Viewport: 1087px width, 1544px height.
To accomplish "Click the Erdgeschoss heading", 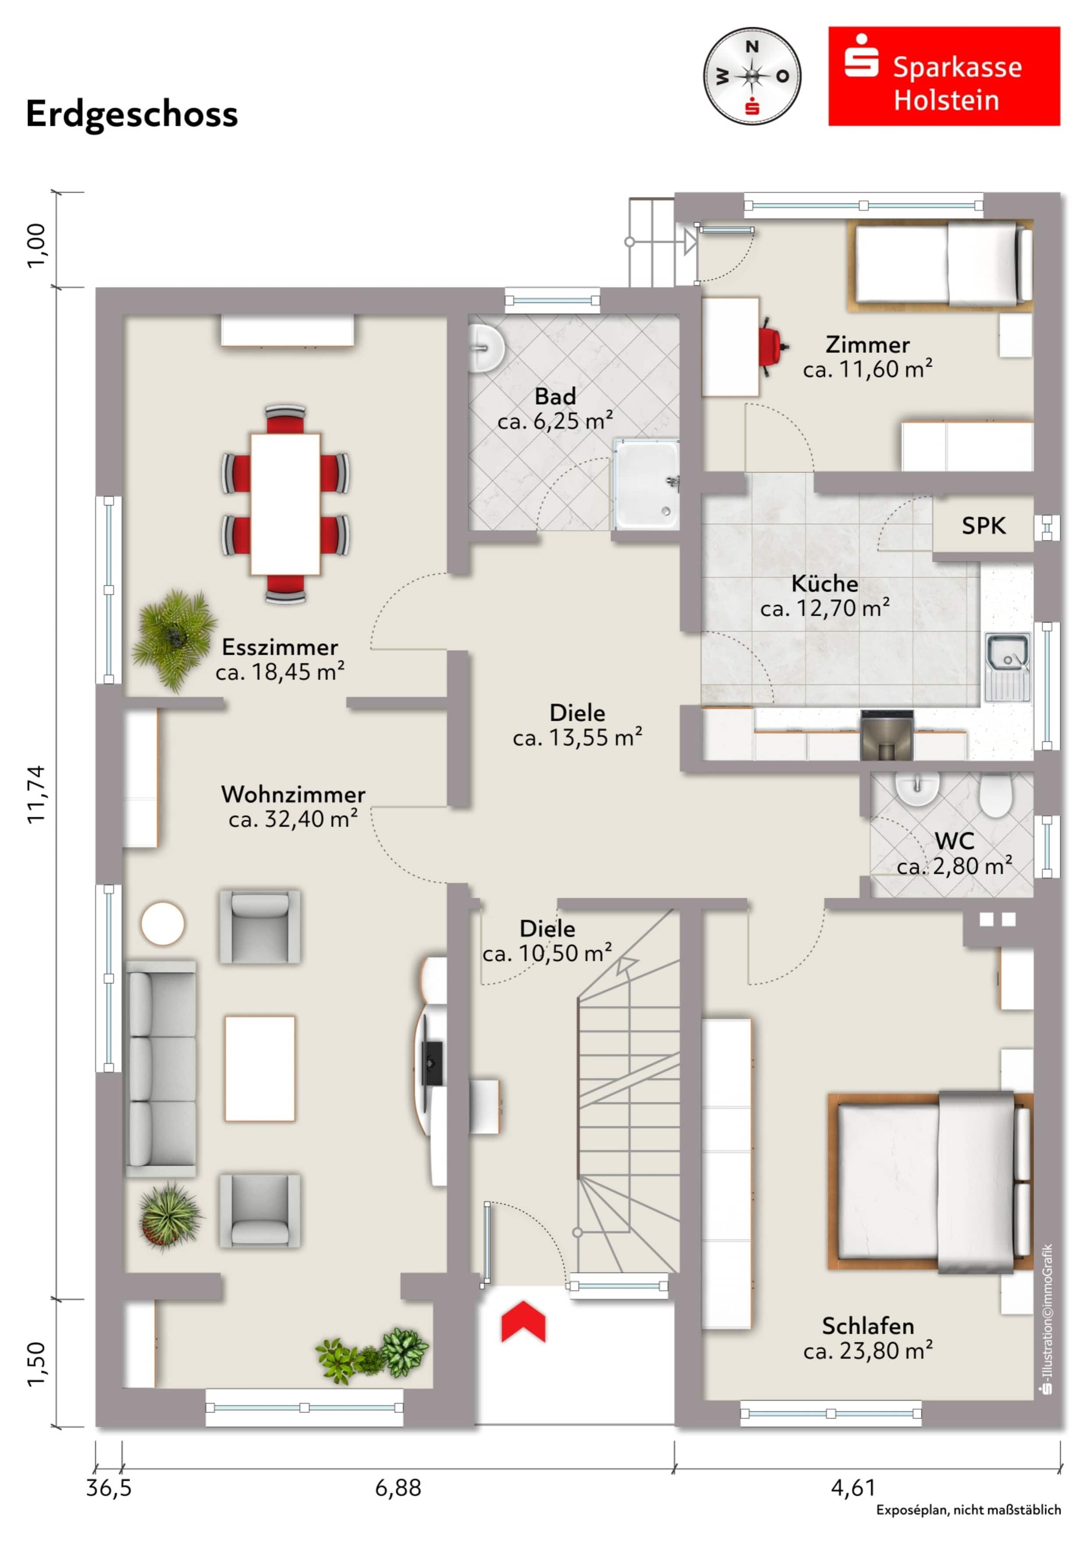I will point(132,114).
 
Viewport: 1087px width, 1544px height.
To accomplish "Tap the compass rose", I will point(752,76).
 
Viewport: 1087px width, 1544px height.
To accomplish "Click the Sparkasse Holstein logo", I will point(943,76).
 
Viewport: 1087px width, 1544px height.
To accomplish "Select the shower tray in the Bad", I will point(645,484).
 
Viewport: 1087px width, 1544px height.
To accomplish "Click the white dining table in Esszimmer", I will point(285,504).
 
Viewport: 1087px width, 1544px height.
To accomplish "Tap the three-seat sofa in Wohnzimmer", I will point(161,1068).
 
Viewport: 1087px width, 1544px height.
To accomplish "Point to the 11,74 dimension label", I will point(36,793).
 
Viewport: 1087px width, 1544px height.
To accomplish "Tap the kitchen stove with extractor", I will point(886,735).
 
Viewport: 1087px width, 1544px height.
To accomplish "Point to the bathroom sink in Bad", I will point(485,348).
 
